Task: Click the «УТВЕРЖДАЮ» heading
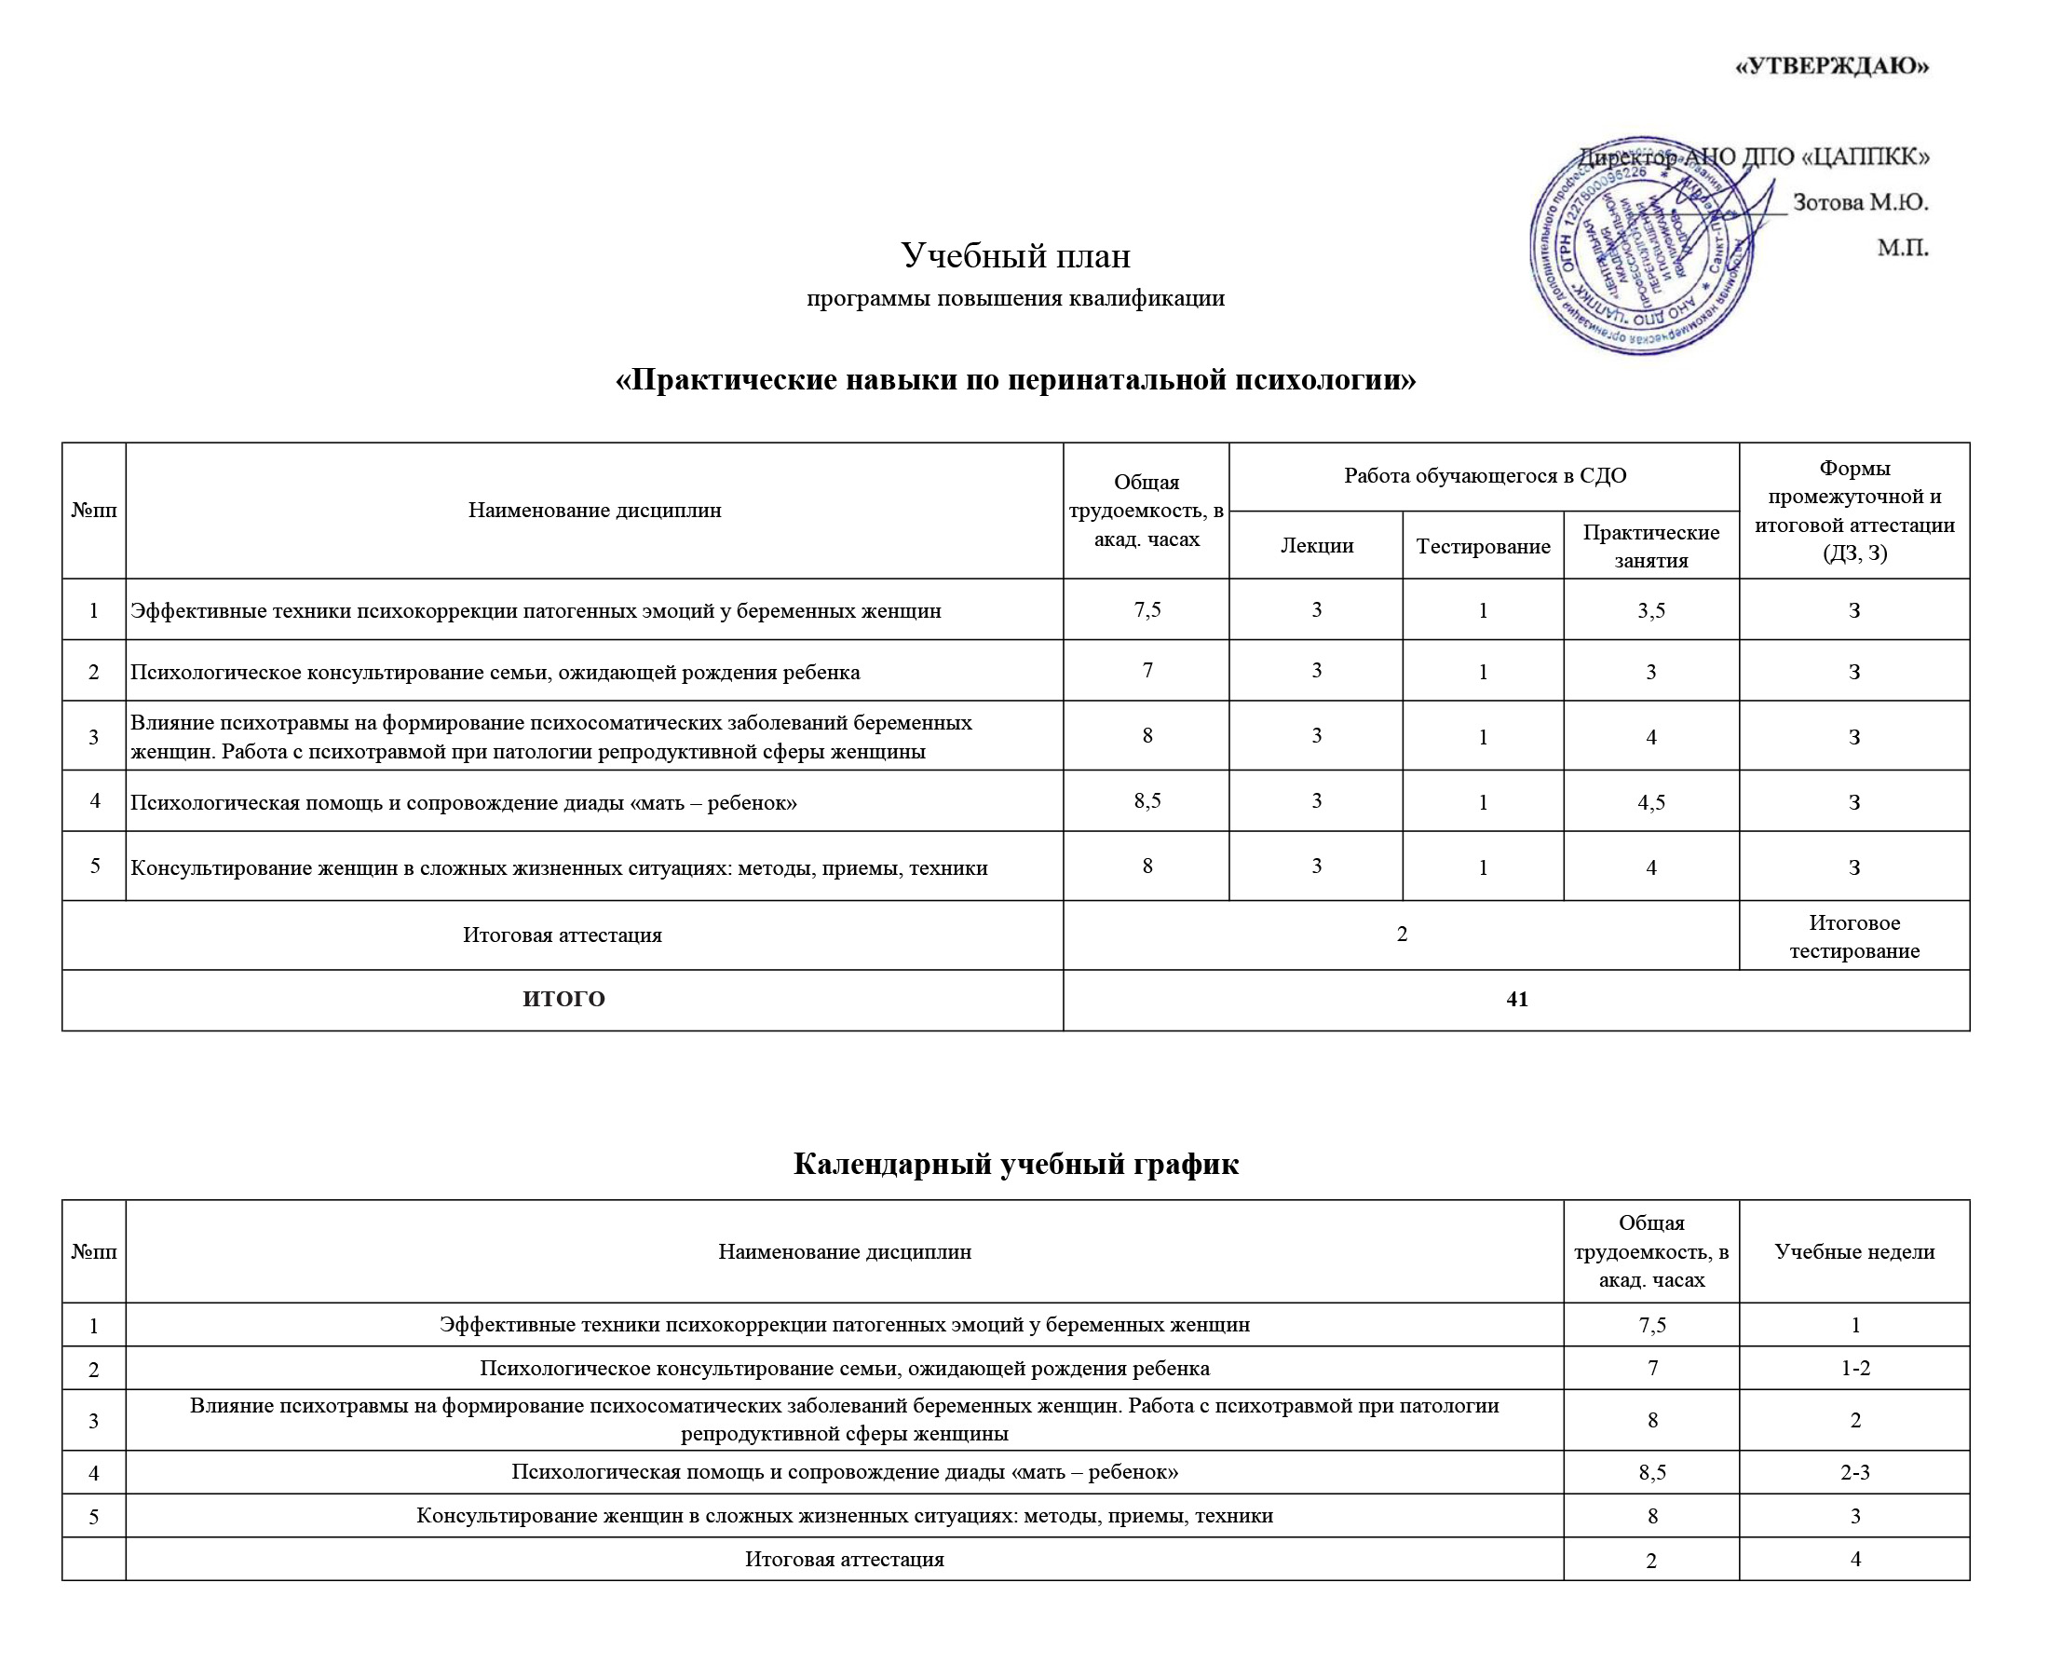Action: (x=1832, y=66)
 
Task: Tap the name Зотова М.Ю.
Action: (x=1860, y=202)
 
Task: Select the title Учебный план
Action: (x=1015, y=256)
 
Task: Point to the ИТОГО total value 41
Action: (x=1517, y=1000)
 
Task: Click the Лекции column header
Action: (x=1316, y=546)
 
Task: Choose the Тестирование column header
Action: (x=1484, y=546)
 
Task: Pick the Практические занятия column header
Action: (x=1651, y=546)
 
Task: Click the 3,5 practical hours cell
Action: (x=1651, y=610)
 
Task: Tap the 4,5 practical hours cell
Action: (x=1651, y=802)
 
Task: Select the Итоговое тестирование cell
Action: (x=1854, y=936)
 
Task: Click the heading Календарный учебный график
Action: (x=1015, y=1164)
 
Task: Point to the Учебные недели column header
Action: (x=1854, y=1251)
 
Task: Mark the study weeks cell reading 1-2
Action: (x=1854, y=1369)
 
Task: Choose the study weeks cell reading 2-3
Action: (x=1854, y=1472)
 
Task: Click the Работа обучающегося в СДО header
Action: (x=1485, y=476)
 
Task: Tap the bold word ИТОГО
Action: (x=563, y=1000)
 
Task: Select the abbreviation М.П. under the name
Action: (x=1902, y=249)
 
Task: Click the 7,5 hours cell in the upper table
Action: (x=1147, y=610)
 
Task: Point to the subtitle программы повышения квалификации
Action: (x=1015, y=298)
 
